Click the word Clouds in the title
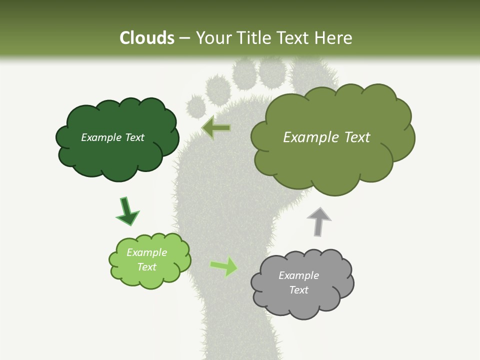coord(147,38)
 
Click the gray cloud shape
coord(302,300)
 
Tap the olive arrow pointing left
coord(216,128)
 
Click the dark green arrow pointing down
coord(127,211)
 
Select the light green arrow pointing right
coord(224,266)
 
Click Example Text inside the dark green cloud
coord(112,137)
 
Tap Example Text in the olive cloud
coord(326,137)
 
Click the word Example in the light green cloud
coord(146,252)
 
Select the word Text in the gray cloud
coord(298,290)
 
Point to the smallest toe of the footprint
coord(196,106)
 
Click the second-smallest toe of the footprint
coord(218,88)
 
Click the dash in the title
coord(184,38)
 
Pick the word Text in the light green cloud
coord(146,267)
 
